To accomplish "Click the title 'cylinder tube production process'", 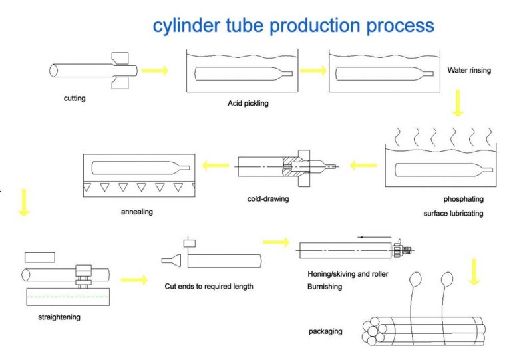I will tap(293, 25).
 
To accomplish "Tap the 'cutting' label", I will tap(75, 99).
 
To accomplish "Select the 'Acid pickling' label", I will tap(248, 104).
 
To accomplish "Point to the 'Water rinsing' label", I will tap(469, 70).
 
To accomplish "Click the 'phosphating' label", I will tap(463, 199).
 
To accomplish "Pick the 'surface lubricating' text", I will tap(453, 214).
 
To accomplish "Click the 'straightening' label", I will tap(59, 317).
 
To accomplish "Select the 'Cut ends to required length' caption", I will tap(209, 286).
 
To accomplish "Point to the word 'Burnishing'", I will tap(325, 287).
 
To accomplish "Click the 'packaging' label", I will tap(326, 331).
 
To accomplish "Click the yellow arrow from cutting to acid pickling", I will tap(154, 71).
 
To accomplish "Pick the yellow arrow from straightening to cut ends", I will tap(134, 281).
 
